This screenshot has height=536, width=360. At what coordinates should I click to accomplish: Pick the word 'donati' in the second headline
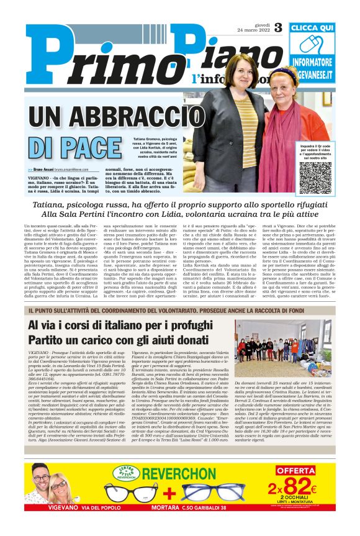point(186,342)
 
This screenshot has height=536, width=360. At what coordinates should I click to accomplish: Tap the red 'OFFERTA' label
point(295,470)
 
